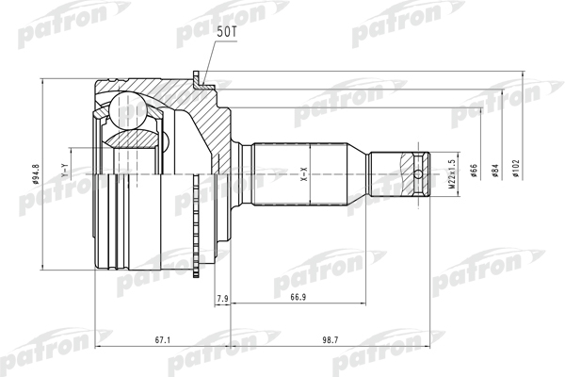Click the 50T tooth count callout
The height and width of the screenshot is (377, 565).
coord(226,32)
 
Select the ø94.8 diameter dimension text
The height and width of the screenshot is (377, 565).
coord(36,173)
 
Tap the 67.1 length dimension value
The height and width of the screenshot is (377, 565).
coord(163,340)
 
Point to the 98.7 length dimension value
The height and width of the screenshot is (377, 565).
coord(331,340)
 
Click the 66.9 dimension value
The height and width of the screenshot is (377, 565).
coord(298,297)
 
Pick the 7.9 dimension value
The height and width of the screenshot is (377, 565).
coord(222,299)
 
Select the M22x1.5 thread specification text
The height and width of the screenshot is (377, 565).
coord(452,173)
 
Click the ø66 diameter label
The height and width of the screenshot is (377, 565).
coord(474,171)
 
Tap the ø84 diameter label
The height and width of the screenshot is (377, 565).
coord(495,171)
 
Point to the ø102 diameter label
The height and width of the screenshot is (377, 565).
coord(516,169)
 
